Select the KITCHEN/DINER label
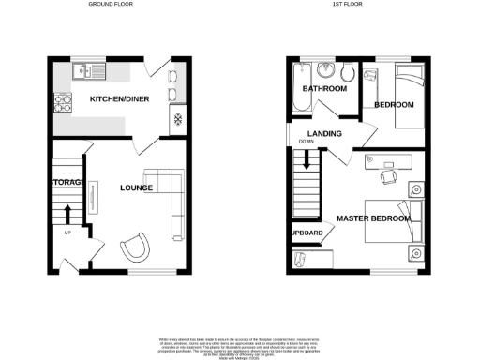[119, 98]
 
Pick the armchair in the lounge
[135, 247]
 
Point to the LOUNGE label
[136, 187]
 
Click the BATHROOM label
[324, 89]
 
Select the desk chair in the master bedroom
[385, 176]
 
